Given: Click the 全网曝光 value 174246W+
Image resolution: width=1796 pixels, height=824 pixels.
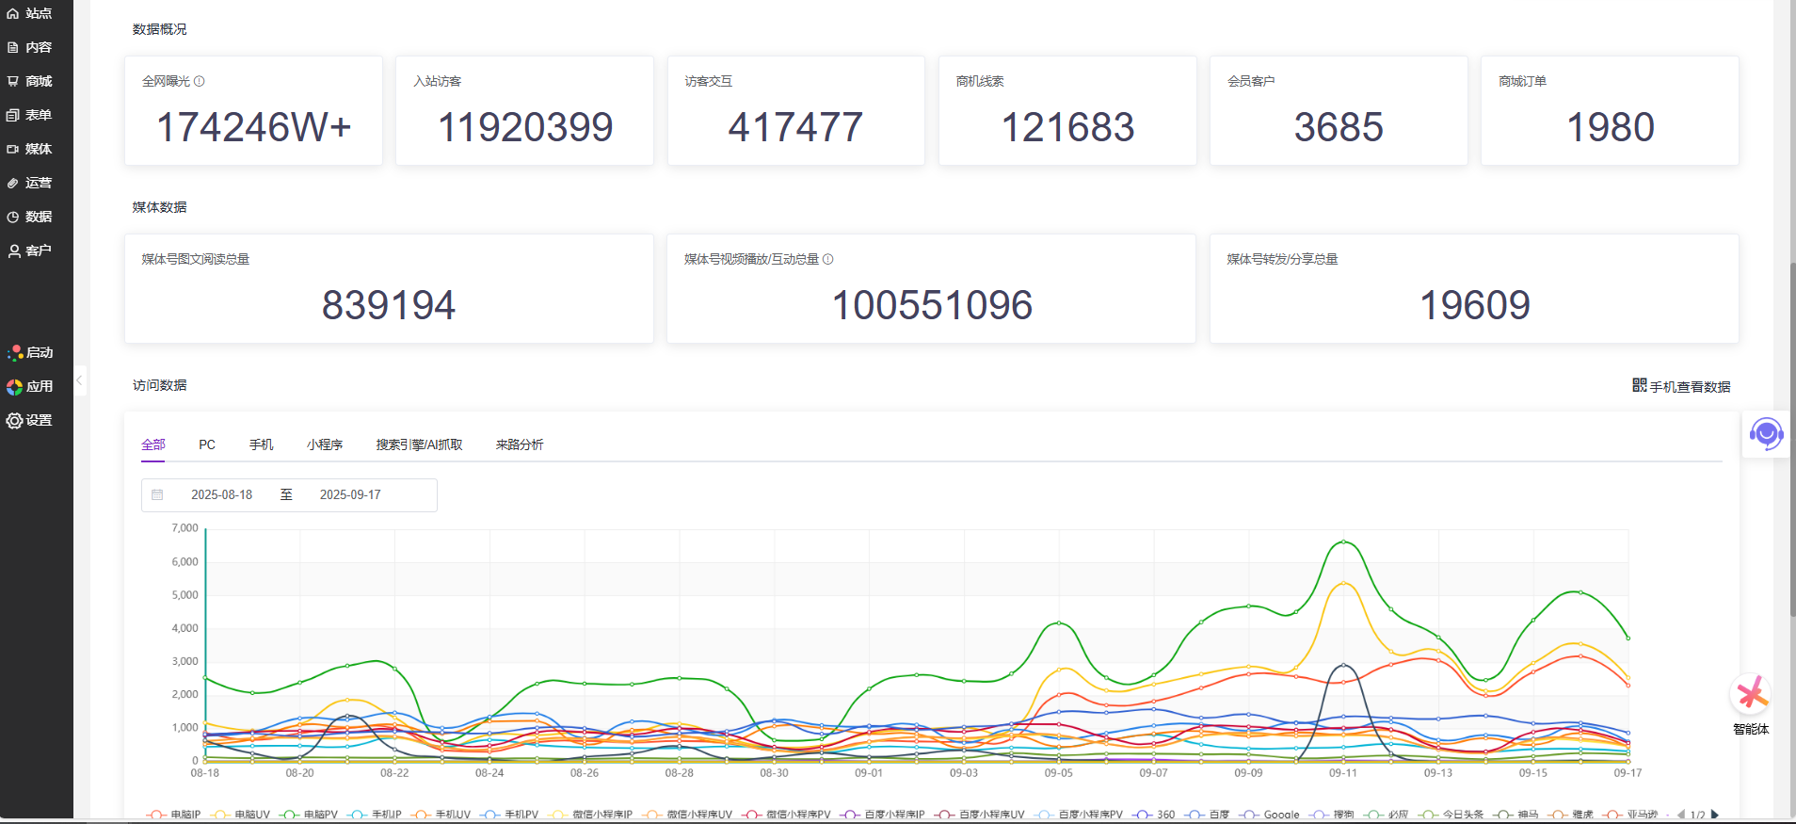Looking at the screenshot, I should tap(253, 127).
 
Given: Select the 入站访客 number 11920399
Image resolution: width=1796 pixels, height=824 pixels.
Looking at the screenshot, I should tap(525, 127).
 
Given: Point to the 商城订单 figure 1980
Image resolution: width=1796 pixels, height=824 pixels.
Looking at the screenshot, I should tap(1610, 127).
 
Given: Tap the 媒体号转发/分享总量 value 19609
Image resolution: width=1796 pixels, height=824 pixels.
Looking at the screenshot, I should tap(1474, 305).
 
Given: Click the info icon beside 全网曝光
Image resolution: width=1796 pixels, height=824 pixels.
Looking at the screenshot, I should tap(200, 81).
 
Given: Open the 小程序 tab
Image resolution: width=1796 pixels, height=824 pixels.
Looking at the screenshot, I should tap(325, 444).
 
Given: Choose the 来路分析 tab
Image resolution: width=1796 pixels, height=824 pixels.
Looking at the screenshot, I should tap(520, 444).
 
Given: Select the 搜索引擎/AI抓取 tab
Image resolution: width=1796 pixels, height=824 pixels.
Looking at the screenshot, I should tap(419, 444).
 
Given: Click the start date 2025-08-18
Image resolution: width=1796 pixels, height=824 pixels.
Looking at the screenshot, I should tap(222, 494).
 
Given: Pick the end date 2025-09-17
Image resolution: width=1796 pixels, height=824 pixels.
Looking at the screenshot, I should tap(350, 494).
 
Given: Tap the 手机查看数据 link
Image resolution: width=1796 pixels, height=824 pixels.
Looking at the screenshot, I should tap(1681, 386).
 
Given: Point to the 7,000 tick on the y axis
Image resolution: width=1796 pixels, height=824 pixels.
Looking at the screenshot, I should tap(184, 528).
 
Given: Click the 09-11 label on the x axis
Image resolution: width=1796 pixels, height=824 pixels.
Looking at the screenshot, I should tap(1343, 773).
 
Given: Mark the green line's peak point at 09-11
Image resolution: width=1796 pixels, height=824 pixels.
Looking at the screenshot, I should tap(1343, 541).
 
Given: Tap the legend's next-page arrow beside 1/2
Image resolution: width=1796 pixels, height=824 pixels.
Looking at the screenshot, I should tap(1715, 815).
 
